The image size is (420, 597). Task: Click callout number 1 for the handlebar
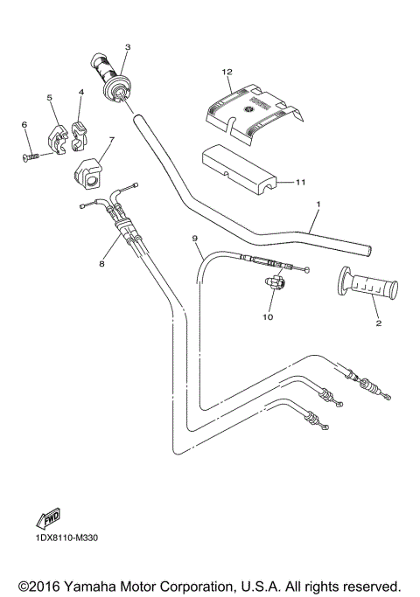click(318, 205)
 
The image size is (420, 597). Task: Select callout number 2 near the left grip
click(378, 323)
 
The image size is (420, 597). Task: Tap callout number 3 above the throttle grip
click(128, 47)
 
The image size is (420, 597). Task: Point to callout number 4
click(80, 92)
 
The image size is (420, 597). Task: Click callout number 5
click(50, 98)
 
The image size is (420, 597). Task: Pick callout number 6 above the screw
click(24, 125)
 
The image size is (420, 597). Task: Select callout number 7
click(111, 140)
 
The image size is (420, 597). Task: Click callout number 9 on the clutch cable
click(195, 239)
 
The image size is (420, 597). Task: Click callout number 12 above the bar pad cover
click(227, 72)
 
